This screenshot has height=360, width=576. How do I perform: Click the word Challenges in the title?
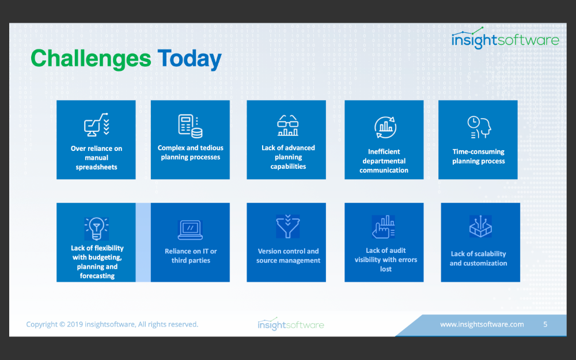click(x=91, y=59)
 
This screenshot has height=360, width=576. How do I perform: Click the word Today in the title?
click(x=190, y=59)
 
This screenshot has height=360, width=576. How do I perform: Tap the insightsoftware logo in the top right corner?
click(x=505, y=38)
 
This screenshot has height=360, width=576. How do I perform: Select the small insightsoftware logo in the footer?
click(x=290, y=324)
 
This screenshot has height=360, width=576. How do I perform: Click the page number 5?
click(x=545, y=324)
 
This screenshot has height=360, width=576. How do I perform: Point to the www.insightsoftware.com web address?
click(x=482, y=324)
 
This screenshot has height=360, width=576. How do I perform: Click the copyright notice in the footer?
click(x=112, y=324)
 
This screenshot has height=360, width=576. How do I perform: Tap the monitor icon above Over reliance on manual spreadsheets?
click(x=97, y=125)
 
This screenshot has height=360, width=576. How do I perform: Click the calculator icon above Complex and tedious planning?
click(x=190, y=126)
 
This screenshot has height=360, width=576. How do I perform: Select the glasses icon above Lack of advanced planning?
click(x=287, y=125)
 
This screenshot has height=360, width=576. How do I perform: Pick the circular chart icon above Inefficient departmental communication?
click(x=385, y=127)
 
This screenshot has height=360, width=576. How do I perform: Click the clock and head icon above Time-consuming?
click(x=479, y=127)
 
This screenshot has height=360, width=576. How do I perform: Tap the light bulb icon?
click(x=97, y=229)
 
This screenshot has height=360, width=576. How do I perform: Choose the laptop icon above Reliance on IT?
click(x=190, y=230)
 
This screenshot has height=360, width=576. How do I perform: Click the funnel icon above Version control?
click(x=288, y=226)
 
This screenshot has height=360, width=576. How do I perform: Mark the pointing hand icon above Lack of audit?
click(x=384, y=227)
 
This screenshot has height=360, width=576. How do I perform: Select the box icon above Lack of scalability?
click(x=480, y=226)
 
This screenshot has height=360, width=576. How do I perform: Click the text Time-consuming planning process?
click(x=478, y=156)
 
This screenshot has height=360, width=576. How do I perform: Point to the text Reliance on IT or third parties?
click(x=191, y=256)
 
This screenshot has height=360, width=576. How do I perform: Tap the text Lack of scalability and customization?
click(x=478, y=258)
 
